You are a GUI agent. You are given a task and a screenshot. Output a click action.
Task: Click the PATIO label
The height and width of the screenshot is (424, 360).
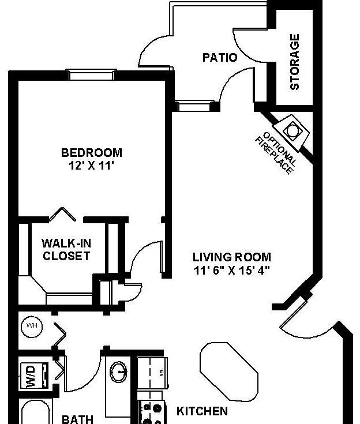pyautogui.click(x=220, y=58)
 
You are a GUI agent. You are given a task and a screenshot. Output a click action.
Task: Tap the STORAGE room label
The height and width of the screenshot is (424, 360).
pyautogui.click(x=295, y=62)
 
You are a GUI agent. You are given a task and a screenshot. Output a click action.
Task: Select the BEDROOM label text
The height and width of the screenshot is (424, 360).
pyautogui.click(x=92, y=153)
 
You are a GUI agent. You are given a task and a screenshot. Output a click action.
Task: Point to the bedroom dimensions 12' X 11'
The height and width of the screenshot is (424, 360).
pyautogui.click(x=91, y=166)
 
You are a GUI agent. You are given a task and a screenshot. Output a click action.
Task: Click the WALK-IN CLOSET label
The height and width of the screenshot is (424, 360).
pyautogui.click(x=66, y=250)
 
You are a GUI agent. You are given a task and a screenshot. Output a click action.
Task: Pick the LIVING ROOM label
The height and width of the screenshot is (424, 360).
pyautogui.click(x=232, y=257)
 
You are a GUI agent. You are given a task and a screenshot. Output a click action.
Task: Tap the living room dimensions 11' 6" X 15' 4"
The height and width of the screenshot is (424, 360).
pyautogui.click(x=232, y=270)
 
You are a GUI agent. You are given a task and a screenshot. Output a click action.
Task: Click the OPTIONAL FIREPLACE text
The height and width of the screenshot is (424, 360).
pyautogui.click(x=276, y=153)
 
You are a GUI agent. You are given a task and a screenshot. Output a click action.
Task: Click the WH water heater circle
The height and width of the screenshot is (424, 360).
pyautogui.click(x=32, y=327)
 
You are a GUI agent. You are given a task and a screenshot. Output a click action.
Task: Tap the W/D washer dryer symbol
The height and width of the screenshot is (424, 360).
pyautogui.click(x=35, y=376)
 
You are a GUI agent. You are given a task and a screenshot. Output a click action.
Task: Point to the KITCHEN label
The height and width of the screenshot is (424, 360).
pyautogui.click(x=202, y=411)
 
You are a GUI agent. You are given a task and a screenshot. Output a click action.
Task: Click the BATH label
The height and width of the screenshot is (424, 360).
pyautogui.click(x=78, y=419)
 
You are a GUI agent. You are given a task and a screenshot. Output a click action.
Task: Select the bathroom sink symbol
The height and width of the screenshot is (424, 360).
pyautogui.click(x=119, y=372)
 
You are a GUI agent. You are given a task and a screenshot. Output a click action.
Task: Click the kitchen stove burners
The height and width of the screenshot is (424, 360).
pyautogui.click(x=151, y=412)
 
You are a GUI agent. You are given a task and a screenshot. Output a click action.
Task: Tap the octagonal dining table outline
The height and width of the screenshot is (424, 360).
pyautogui.click(x=229, y=372)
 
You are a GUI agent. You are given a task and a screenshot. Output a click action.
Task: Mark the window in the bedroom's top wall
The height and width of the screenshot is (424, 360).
pyautogui.click(x=91, y=74)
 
